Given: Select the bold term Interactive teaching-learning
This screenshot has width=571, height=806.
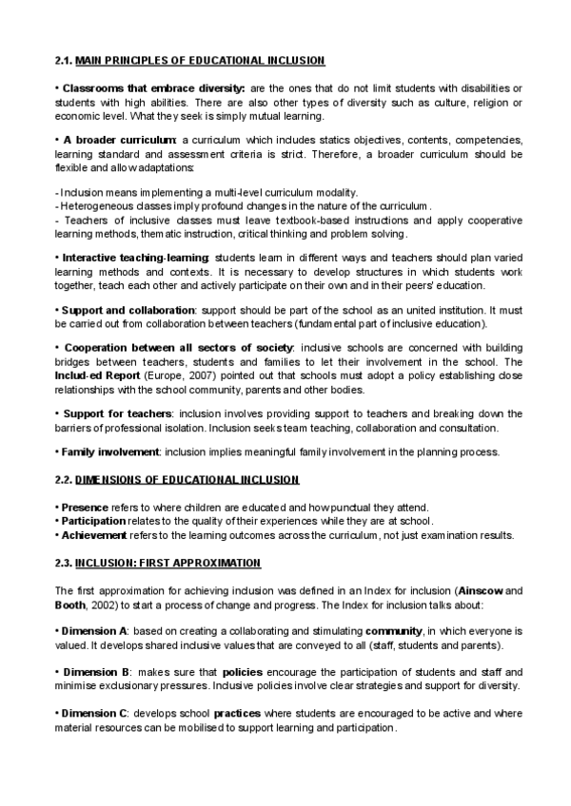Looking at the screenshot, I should point(136,258).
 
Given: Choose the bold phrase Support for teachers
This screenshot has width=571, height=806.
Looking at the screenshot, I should point(117,413).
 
